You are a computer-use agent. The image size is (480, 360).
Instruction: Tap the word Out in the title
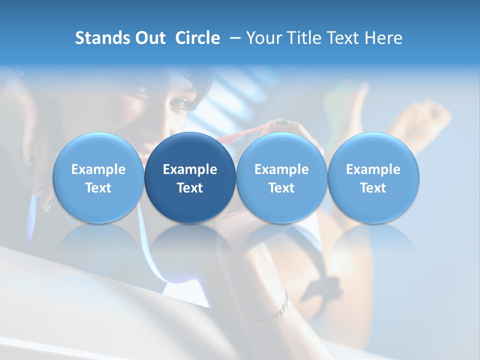148,38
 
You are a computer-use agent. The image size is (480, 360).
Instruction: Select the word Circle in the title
197,38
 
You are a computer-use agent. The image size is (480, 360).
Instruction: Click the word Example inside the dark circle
190,169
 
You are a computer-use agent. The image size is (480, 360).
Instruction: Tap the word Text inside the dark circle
190,188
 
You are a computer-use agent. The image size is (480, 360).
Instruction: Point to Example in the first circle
98,169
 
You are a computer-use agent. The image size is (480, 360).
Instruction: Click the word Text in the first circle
98,188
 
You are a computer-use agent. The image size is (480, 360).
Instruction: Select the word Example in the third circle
281,169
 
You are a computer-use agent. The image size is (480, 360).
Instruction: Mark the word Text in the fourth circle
373,188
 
